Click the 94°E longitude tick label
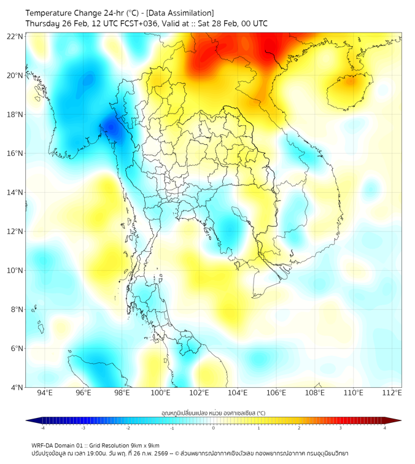pyautogui.click(x=45, y=393)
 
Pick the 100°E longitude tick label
pyautogui.click(x=160, y=393)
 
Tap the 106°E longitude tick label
pyautogui.click(x=276, y=393)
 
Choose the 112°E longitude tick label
pyautogui.click(x=392, y=393)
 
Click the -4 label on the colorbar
pyautogui.click(x=42, y=428)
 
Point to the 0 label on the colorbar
pyautogui.click(x=214, y=428)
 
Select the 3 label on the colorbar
pyautogui.click(x=341, y=428)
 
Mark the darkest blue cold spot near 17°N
pyautogui.click(x=112, y=128)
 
